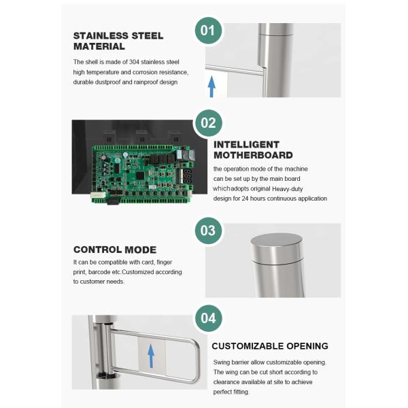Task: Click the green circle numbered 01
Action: tap(209, 31)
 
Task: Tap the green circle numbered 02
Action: tap(209, 123)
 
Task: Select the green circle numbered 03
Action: tap(209, 231)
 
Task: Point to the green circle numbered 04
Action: tap(209, 318)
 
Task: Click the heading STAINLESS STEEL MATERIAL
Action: tap(118, 41)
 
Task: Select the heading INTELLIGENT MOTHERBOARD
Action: tap(253, 150)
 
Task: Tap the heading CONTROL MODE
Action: tap(115, 250)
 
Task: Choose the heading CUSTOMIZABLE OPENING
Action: tap(270, 346)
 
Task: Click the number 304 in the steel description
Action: tap(134, 62)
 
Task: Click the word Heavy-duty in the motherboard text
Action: tap(287, 189)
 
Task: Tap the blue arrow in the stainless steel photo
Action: tap(211, 86)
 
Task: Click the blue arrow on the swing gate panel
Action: tap(151, 356)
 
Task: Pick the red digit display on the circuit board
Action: tap(188, 177)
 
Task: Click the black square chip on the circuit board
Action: tap(140, 175)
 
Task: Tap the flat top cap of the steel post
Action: tap(277, 239)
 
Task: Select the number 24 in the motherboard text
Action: tap(245, 199)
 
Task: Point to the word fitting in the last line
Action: tap(241, 392)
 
